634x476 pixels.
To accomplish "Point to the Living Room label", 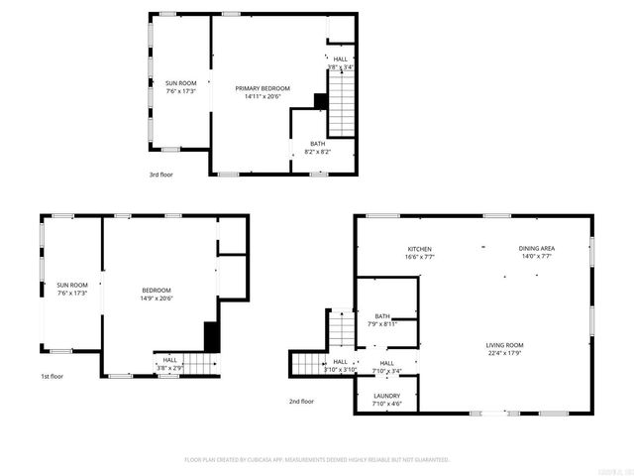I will tap(504, 344).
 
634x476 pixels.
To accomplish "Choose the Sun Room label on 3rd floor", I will tap(180, 82).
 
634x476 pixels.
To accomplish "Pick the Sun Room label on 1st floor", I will tap(72, 285).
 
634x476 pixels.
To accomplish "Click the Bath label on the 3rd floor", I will tap(317, 144).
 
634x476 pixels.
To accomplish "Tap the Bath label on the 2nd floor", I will tap(381, 316).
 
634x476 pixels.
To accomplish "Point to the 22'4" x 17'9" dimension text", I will tap(504, 353).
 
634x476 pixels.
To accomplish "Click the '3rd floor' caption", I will tap(160, 174).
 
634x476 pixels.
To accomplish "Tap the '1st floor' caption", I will tap(52, 377).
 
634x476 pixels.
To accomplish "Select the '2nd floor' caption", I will tap(301, 402).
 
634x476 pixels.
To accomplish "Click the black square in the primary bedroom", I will tap(320, 101).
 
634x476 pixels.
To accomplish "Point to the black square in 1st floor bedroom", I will tap(210, 335).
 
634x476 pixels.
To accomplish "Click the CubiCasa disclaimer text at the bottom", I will tap(317, 460).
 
